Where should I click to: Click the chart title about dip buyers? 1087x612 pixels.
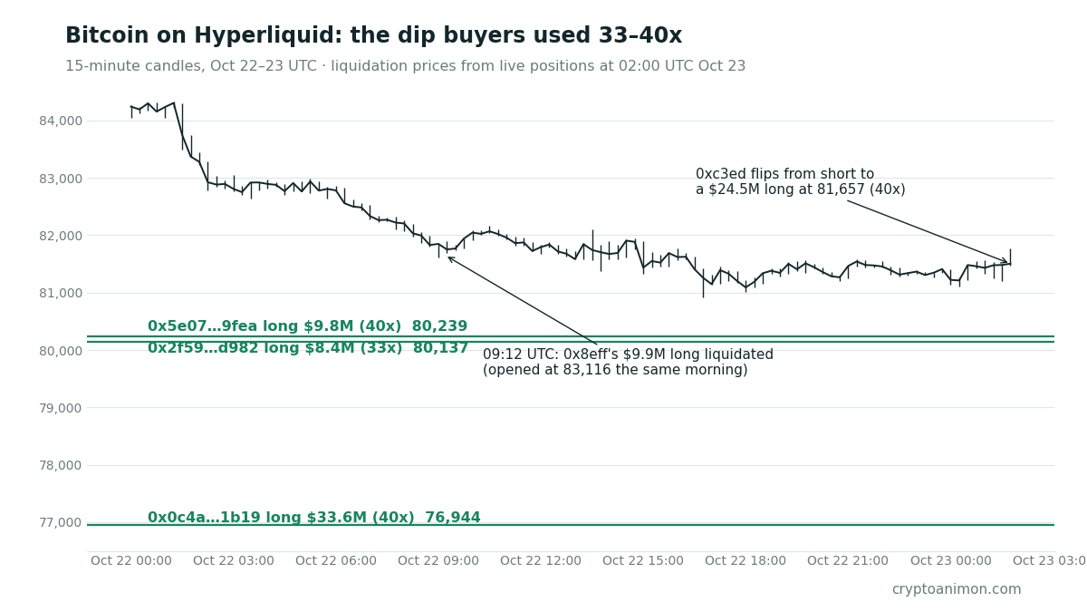click(x=373, y=35)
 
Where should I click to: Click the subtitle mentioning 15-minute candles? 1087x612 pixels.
click(x=405, y=66)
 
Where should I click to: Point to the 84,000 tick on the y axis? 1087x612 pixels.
click(x=61, y=121)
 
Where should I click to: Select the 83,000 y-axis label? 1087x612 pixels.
click(x=61, y=179)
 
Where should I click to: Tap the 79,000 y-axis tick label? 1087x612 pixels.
click(x=61, y=408)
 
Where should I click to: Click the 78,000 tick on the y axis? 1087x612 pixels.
click(x=61, y=465)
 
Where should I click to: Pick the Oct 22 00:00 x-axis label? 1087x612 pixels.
click(x=131, y=560)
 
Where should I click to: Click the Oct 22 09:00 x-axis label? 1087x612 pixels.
click(x=438, y=560)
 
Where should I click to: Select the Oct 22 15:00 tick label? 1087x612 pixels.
click(x=643, y=560)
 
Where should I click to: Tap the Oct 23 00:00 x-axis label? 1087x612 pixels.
click(x=950, y=560)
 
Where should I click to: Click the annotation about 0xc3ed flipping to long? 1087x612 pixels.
click(x=801, y=181)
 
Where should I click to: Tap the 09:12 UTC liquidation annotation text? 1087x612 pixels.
click(x=628, y=362)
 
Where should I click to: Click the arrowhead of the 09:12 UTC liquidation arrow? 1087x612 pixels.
click(x=448, y=257)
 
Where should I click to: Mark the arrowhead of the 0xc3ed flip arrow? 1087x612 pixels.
click(x=1007, y=262)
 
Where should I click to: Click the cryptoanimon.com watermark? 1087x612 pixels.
click(x=957, y=589)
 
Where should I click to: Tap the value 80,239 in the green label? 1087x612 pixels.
click(x=439, y=325)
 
